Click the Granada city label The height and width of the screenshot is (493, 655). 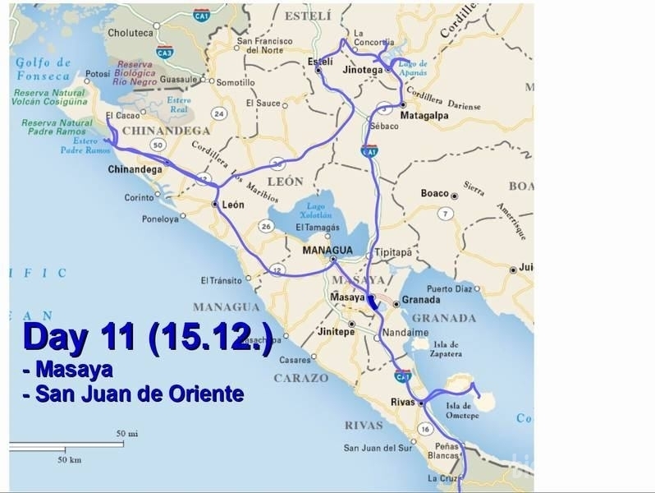421,301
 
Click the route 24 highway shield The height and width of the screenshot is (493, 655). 218,112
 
